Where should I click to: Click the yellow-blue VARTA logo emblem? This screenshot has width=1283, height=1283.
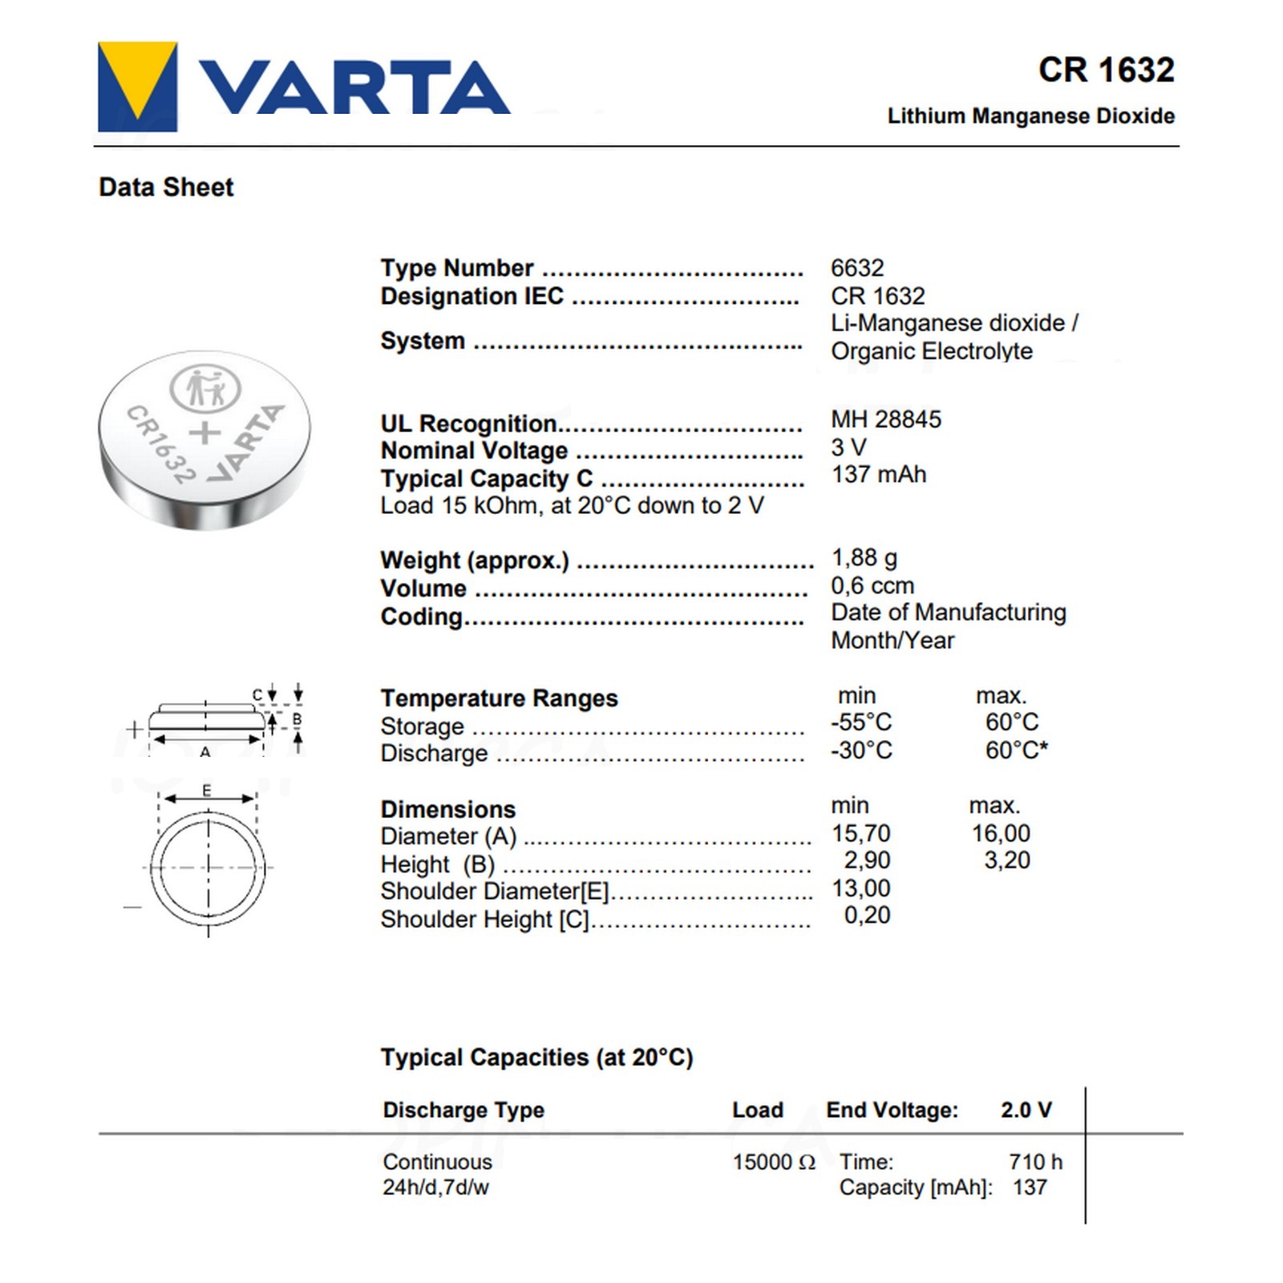pos(137,87)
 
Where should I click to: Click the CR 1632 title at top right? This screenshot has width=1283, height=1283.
pos(1106,71)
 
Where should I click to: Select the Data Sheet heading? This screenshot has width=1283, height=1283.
pos(166,188)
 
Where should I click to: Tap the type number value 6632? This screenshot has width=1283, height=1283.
pos(857,268)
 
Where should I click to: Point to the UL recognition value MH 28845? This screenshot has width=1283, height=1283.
pos(886,419)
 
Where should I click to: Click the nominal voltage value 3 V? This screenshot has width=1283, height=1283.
pos(848,447)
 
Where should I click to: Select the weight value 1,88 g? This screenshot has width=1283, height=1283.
pos(864,558)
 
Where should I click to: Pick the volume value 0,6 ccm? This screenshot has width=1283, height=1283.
pos(872,586)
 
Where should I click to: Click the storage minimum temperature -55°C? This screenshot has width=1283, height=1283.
pos(861,722)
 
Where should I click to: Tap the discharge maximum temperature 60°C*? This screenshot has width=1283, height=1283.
pos(1016,751)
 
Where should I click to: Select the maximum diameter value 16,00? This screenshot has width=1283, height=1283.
pos(1001,834)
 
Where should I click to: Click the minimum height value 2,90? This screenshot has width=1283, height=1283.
pos(867,860)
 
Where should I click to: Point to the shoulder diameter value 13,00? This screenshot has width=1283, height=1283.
pos(861,888)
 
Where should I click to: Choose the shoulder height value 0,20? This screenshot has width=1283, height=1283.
pos(867,915)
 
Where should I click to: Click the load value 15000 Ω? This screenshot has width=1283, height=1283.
pos(774,1162)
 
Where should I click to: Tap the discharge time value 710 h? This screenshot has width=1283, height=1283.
pos(1035,1162)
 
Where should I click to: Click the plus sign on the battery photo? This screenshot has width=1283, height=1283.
pos(204,433)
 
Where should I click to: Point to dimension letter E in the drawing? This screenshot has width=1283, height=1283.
pos(207,791)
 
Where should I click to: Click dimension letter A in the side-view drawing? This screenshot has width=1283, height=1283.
pos(205,752)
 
